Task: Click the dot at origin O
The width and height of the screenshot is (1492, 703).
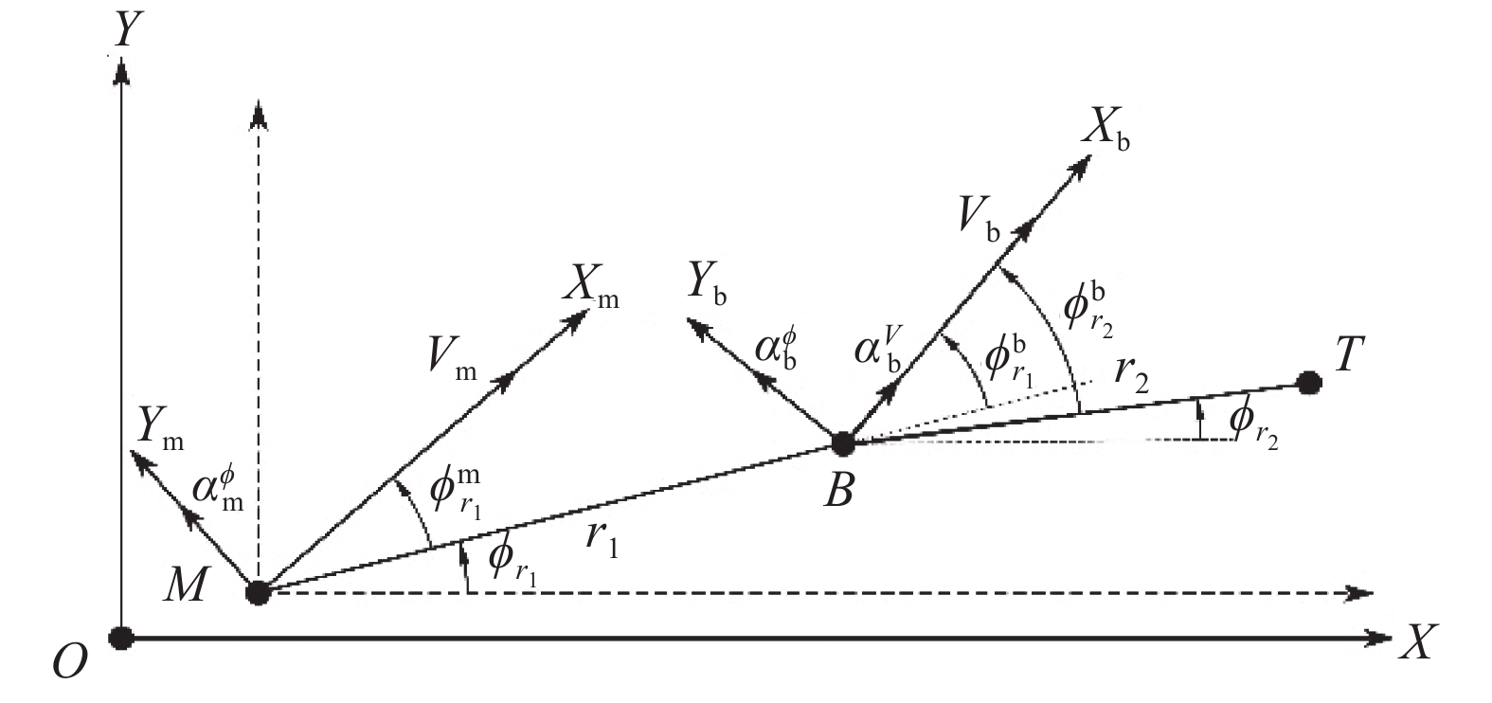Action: point(120,638)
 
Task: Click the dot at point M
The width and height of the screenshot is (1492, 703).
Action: point(258,592)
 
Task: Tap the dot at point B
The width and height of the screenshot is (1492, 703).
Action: point(843,443)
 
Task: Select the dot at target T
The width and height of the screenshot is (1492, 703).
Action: point(1309,383)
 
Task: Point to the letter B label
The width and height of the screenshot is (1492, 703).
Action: point(838,493)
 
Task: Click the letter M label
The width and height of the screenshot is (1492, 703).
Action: point(185,586)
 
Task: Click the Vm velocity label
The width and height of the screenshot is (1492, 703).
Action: point(452,358)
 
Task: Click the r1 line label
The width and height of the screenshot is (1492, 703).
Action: point(602,538)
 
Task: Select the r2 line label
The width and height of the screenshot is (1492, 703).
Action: point(1132,377)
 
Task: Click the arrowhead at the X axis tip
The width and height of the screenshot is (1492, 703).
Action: point(1377,638)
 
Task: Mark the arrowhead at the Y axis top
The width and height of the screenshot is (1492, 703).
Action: point(120,71)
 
